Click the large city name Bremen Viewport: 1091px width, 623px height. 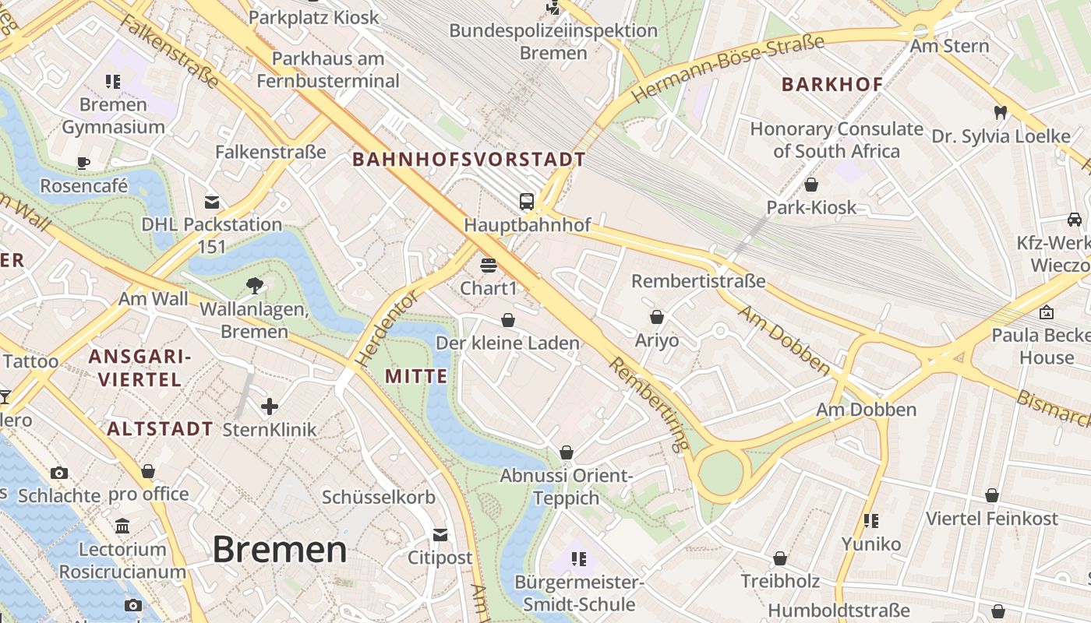pyautogui.click(x=279, y=550)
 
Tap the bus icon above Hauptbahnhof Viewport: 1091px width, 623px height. pyautogui.click(x=527, y=202)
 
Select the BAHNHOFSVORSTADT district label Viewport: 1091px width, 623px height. pyautogui.click(x=468, y=160)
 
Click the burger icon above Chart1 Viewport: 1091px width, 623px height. pyautogui.click(x=489, y=266)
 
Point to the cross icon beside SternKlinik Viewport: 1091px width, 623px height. pyautogui.click(x=270, y=406)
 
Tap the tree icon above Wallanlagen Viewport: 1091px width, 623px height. pyautogui.click(x=254, y=286)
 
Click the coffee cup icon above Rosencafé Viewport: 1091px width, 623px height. pyautogui.click(x=83, y=163)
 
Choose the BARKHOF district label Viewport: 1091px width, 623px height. pyautogui.click(x=832, y=85)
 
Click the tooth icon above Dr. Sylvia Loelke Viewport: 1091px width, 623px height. pyautogui.click(x=1001, y=113)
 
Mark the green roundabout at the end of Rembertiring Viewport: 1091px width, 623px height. pyautogui.click(x=721, y=473)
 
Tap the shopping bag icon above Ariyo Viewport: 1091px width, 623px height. pyautogui.click(x=657, y=317)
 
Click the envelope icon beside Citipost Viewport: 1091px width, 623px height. pyautogui.click(x=440, y=535)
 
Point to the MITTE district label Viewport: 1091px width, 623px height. pyautogui.click(x=416, y=377)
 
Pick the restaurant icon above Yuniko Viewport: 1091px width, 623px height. pyautogui.click(x=870, y=520)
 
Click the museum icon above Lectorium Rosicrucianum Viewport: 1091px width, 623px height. pyautogui.click(x=122, y=526)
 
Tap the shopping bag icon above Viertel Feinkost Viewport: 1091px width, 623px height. pyautogui.click(x=992, y=495)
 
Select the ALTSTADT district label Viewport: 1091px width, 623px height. pyautogui.click(x=160, y=428)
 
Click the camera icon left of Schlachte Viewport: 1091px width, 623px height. pyautogui.click(x=58, y=473)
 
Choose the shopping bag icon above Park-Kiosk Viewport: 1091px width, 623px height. pyautogui.click(x=811, y=185)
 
